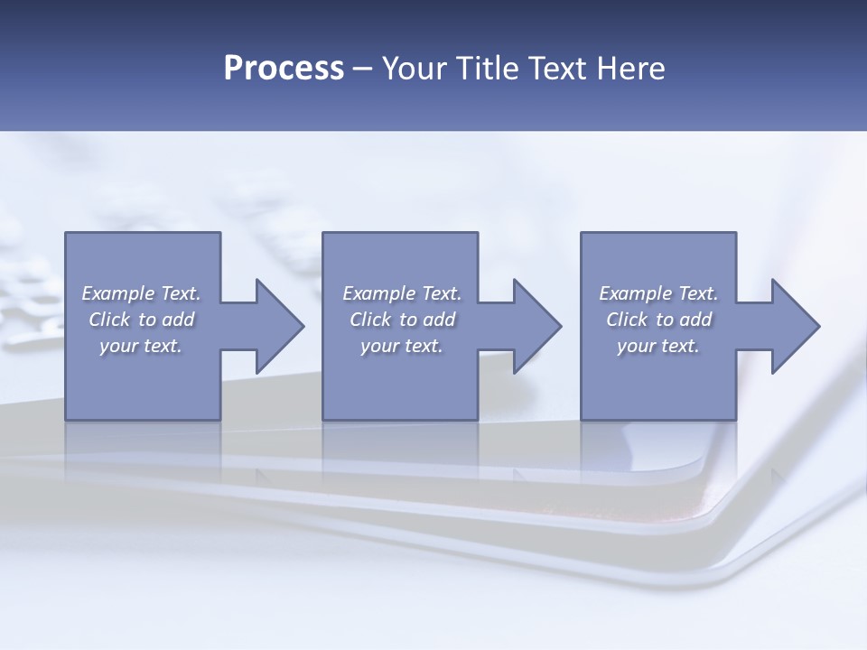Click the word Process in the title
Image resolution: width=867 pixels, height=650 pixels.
click(284, 69)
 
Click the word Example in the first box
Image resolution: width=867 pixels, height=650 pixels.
click(118, 293)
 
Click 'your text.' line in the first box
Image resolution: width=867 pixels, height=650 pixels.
click(141, 346)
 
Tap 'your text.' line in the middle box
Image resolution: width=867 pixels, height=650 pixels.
click(401, 346)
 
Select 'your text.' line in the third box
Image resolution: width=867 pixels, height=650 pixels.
click(658, 346)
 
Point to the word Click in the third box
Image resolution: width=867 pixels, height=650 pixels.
click(628, 320)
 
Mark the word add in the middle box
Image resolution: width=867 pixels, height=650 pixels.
click(439, 320)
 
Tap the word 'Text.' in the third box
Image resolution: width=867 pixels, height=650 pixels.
click(698, 293)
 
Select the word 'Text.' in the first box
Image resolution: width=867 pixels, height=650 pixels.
click(181, 293)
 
